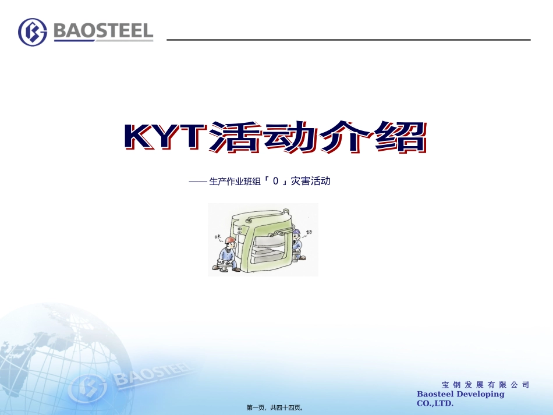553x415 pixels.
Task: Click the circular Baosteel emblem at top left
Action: pyautogui.click(x=33, y=32)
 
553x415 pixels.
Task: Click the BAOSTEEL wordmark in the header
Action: pyautogui.click(x=103, y=31)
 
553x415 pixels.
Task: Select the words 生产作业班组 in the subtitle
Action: pyautogui.click(x=235, y=182)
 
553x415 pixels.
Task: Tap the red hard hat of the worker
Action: pyautogui.click(x=231, y=240)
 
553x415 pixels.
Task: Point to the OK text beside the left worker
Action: pyautogui.click(x=218, y=237)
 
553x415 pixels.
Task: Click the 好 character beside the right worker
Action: pyautogui.click(x=309, y=231)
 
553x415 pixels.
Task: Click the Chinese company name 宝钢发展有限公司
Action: pyautogui.click(x=485, y=385)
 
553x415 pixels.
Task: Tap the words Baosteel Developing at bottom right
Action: pyautogui.click(x=460, y=394)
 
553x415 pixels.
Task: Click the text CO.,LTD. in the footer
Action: pyautogui.click(x=435, y=403)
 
